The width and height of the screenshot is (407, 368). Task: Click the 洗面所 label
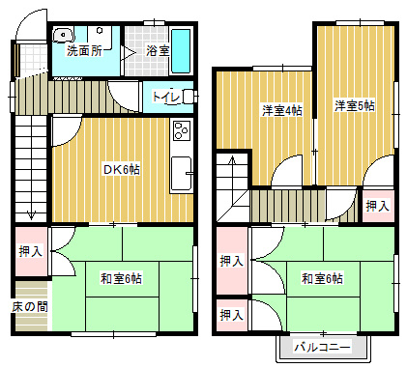(x=84, y=50)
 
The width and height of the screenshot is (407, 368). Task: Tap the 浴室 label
(x=158, y=50)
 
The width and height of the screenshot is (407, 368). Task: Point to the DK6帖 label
(x=122, y=169)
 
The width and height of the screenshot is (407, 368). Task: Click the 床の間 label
(x=30, y=306)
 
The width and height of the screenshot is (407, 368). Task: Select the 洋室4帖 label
(x=281, y=110)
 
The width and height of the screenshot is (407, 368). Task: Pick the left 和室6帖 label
(x=122, y=279)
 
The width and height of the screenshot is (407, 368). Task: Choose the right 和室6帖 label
(x=322, y=279)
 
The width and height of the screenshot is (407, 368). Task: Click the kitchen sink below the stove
(x=181, y=173)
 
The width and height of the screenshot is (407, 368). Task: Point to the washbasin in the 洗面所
(x=64, y=33)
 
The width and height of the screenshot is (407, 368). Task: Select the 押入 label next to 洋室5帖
(x=376, y=205)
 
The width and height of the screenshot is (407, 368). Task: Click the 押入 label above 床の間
(x=30, y=251)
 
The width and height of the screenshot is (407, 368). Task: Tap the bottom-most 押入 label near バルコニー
(x=230, y=315)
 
